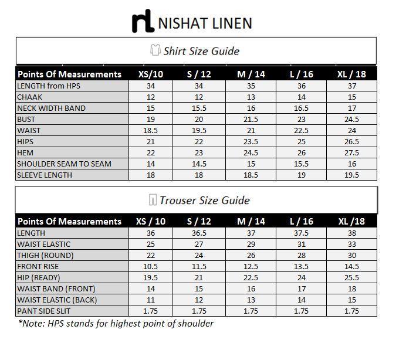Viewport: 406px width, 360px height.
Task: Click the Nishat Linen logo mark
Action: coord(143,22)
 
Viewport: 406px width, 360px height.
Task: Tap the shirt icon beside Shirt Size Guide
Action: coord(155,50)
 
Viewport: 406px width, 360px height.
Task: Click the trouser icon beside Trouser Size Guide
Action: coord(153,200)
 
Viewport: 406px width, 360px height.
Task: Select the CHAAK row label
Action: coord(29,97)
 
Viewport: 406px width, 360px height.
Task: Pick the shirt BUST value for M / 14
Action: coord(251,119)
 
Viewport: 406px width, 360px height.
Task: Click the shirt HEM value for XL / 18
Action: coord(351,152)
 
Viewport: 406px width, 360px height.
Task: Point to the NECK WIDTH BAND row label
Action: coord(51,108)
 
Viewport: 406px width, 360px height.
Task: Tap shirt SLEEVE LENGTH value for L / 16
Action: coord(301,175)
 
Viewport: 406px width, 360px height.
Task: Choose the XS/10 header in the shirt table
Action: coord(151,74)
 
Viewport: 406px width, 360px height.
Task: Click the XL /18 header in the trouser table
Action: coord(351,222)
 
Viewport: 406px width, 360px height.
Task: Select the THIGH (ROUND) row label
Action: coord(45,255)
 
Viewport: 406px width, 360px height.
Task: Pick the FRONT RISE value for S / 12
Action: coord(198,266)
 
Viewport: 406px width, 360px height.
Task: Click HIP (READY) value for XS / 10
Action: coord(151,277)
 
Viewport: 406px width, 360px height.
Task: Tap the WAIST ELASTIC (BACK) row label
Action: coord(57,300)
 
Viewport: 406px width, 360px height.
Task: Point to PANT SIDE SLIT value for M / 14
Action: coord(251,311)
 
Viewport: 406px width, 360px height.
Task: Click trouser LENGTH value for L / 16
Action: coord(301,233)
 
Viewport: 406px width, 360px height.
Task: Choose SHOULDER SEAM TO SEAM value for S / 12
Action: coord(198,164)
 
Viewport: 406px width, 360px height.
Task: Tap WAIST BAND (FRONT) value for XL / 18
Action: coord(351,288)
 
